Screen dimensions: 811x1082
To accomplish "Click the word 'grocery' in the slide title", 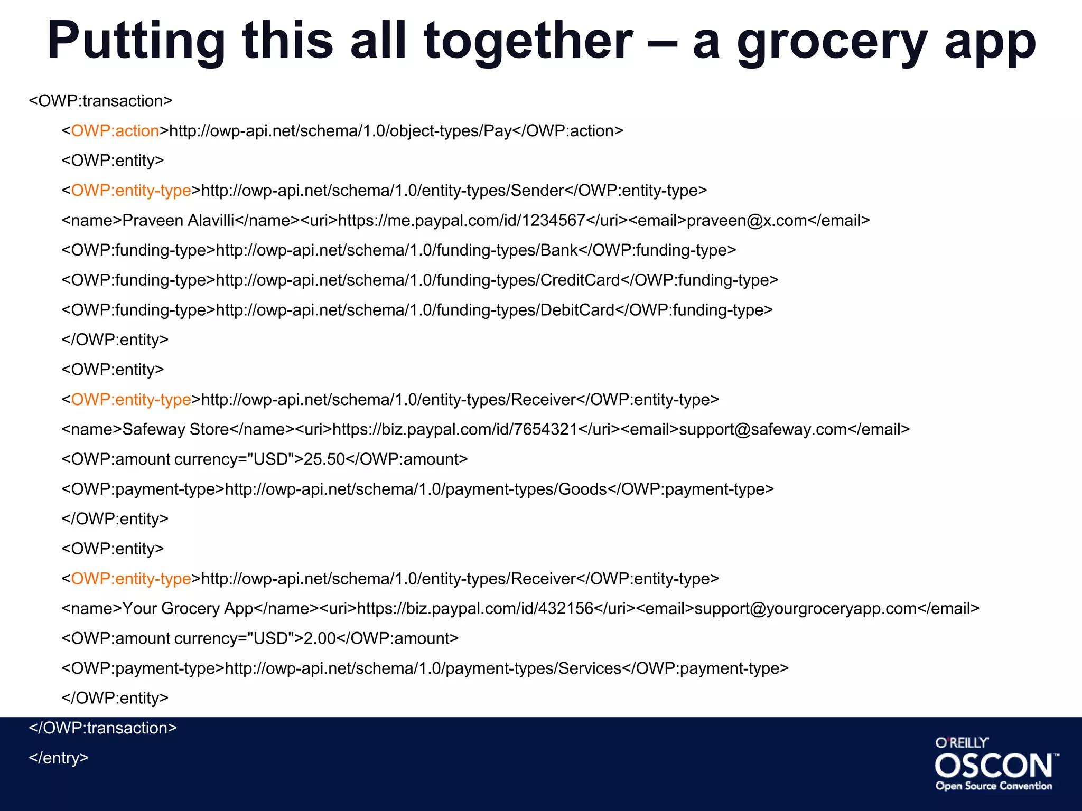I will pos(832,42).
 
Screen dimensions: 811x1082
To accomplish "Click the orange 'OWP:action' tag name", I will pos(115,131).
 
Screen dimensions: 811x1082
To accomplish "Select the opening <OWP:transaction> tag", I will pos(100,101).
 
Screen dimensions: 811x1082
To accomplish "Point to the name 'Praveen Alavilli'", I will pos(178,220).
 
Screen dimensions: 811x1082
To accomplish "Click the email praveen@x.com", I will pos(747,220).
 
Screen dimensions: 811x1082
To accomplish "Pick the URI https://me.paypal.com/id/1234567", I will pos(461,220).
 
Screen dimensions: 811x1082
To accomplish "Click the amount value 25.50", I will pos(324,459).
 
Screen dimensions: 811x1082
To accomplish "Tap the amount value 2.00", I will pos(319,638).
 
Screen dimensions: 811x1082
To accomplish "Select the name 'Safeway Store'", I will pos(175,429).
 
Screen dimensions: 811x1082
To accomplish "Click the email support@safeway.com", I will pos(763,429).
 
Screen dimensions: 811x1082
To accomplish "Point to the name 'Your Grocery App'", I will pos(188,609).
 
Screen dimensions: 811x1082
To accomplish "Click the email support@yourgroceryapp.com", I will pos(805,609).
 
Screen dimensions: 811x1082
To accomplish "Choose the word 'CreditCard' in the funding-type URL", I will pos(580,280).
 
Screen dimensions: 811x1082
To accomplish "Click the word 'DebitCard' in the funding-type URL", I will pos(577,310).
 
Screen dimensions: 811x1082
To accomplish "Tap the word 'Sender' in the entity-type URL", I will pos(537,191).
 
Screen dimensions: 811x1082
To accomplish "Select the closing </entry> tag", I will pos(59,758).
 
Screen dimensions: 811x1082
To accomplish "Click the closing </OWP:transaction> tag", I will pos(102,728).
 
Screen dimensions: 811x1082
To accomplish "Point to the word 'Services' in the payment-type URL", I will pos(590,668).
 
